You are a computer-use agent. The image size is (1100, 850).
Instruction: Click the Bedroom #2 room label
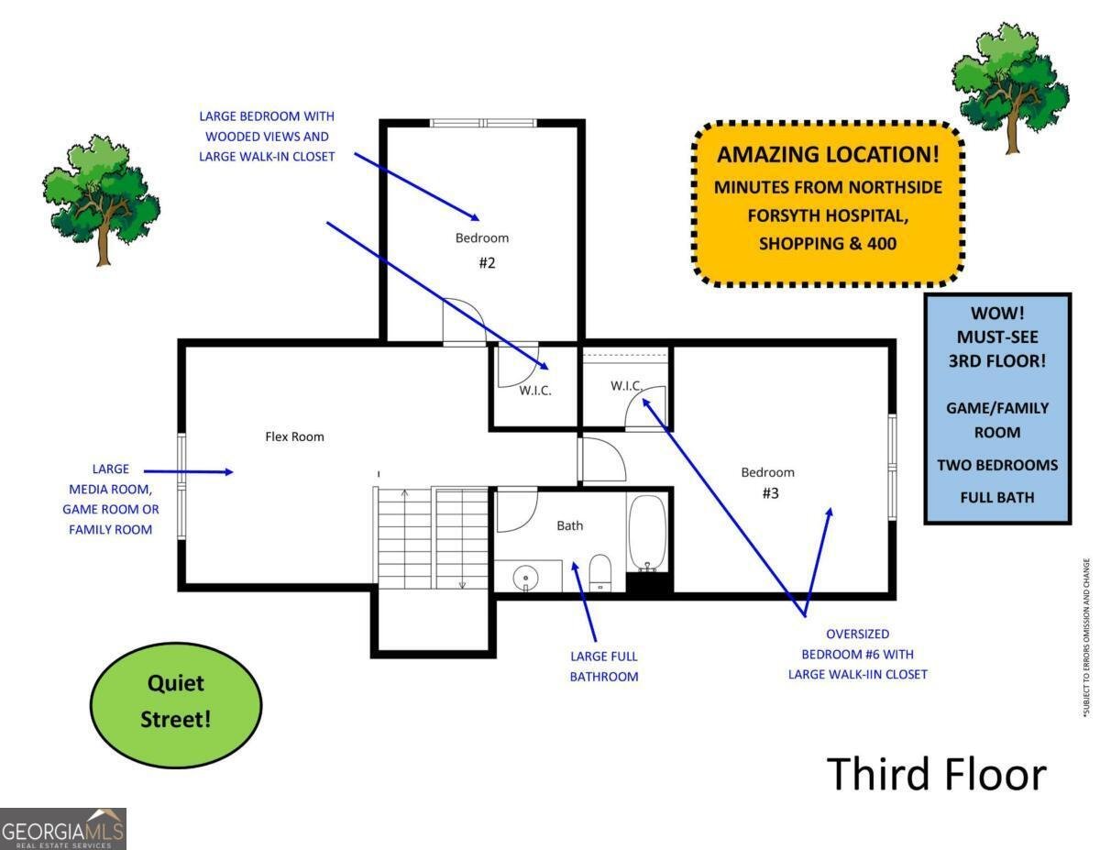[x=482, y=249]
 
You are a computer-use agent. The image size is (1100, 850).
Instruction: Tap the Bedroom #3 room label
[x=768, y=482]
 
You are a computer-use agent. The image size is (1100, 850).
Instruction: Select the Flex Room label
[x=294, y=436]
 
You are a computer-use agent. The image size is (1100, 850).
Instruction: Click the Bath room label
[x=570, y=525]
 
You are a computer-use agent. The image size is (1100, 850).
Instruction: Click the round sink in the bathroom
[x=525, y=577]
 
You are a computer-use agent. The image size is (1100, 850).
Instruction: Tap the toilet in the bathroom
[x=600, y=571]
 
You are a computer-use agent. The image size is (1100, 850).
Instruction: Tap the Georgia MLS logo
[x=63, y=829]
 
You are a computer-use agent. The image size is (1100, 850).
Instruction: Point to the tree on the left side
[x=101, y=198]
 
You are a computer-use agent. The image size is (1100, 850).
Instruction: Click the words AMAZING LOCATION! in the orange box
[x=828, y=154]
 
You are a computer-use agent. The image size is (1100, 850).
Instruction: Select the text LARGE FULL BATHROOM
[x=604, y=667]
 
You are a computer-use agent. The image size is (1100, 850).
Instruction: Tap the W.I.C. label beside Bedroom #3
[x=625, y=385]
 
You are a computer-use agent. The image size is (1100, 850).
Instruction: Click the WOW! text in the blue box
[x=996, y=314]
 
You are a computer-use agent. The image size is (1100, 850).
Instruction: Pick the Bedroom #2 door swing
[x=464, y=320]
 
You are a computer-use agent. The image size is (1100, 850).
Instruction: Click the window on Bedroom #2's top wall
[x=483, y=122]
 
